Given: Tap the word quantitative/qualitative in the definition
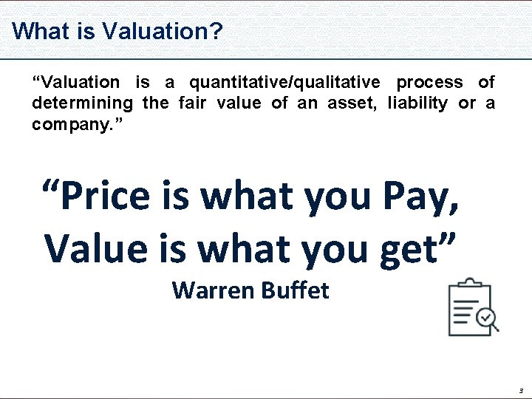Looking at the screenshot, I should coord(285,82).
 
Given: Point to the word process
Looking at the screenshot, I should coord(430,82).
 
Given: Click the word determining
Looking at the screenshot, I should coord(82,103).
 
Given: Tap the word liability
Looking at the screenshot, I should coord(417,103).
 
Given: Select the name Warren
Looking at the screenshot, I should coord(212,290).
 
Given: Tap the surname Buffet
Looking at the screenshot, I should coord(294,290).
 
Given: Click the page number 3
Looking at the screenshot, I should coord(520,390).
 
